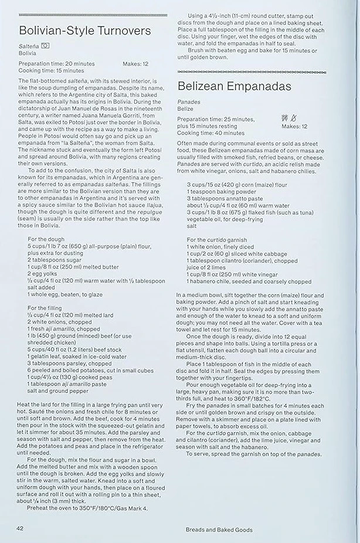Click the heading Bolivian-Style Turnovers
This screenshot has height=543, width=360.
[x=84, y=31]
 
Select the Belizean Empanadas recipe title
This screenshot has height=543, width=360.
[x=235, y=87]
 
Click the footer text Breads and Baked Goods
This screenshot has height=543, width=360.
[x=215, y=530]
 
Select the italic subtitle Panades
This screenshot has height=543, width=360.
[x=188, y=102]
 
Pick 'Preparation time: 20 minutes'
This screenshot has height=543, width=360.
[x=57, y=64]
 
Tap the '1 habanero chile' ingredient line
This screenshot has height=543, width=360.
[x=249, y=281]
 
